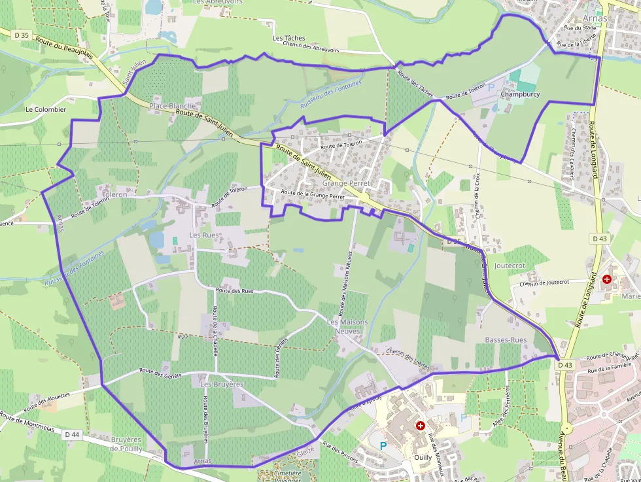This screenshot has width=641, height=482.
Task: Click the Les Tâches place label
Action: (x=289, y=39)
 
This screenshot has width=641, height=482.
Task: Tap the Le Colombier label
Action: (x=46, y=109)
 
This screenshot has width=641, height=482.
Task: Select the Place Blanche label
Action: (x=172, y=105)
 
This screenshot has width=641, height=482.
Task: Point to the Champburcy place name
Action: (x=520, y=94)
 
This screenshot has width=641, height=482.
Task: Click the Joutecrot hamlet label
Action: (x=510, y=266)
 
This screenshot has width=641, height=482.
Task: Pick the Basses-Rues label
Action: (x=506, y=340)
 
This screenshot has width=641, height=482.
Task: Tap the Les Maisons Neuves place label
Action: (x=347, y=326)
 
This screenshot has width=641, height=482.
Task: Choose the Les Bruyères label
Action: (x=222, y=385)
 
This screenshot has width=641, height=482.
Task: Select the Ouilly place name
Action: (x=423, y=458)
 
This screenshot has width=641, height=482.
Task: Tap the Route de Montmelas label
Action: (x=26, y=424)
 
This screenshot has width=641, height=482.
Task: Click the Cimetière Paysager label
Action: (x=288, y=475)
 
